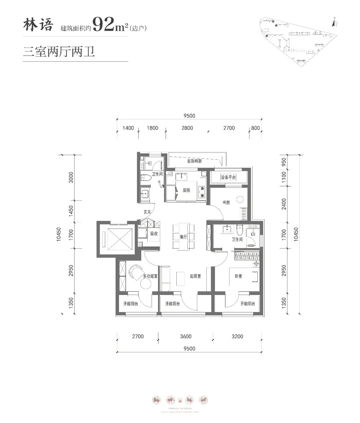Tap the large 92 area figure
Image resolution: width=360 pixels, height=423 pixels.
103,24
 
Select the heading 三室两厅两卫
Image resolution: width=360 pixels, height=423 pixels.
59,52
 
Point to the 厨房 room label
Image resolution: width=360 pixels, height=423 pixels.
186,190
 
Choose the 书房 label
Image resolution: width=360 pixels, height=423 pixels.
226,202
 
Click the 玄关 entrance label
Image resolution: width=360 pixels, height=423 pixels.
147,211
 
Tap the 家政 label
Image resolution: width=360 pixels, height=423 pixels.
154,234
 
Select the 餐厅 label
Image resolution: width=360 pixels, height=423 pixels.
183,237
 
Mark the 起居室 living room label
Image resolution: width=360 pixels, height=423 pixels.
195,276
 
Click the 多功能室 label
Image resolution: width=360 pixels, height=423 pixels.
150,276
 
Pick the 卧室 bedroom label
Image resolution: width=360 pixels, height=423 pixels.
238,276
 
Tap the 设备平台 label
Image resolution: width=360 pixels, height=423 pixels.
228,177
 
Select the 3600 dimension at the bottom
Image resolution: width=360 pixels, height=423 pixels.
186,336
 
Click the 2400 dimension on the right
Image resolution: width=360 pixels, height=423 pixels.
284,203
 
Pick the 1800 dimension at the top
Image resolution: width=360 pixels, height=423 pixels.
152,128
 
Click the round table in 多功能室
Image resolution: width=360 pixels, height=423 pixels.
146,284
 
